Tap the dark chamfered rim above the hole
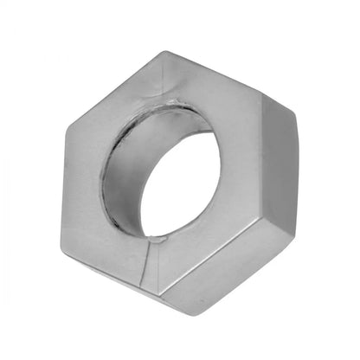point(164,109)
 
